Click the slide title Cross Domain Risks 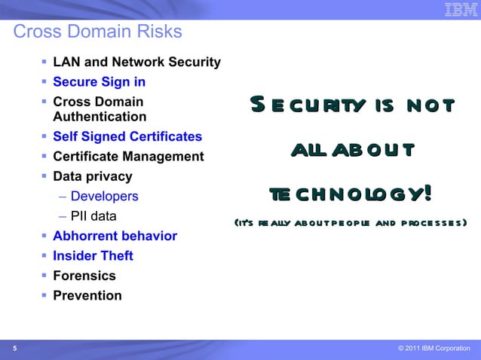click(x=98, y=32)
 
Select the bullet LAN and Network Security click(x=136, y=63)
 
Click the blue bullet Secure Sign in click(x=99, y=82)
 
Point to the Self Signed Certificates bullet click(x=127, y=137)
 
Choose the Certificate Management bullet click(x=128, y=157)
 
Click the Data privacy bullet click(x=92, y=177)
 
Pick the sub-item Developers click(x=104, y=197)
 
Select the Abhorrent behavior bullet click(x=115, y=236)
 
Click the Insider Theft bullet click(x=93, y=256)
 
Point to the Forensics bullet click(x=84, y=276)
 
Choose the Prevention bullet click(x=87, y=295)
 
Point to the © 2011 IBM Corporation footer click(x=434, y=348)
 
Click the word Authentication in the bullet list click(x=100, y=117)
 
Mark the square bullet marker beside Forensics click(x=44, y=276)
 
